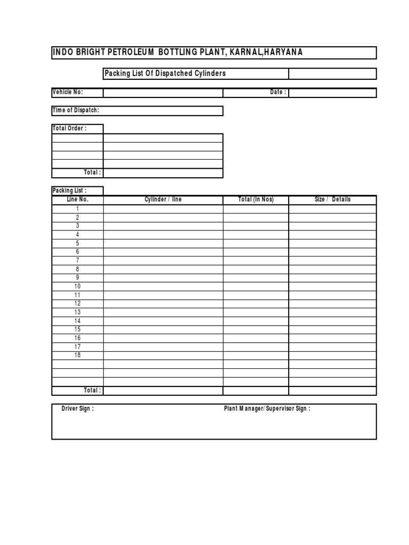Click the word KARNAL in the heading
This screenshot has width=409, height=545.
247,52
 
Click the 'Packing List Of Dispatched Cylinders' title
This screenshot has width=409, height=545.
165,73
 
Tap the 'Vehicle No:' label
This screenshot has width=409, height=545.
68,92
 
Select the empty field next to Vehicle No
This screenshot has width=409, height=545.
163,93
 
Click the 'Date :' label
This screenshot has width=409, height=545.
278,92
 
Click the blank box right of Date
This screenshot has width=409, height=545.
332,93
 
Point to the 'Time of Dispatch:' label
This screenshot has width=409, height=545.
76,110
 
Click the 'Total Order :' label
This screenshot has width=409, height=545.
69,128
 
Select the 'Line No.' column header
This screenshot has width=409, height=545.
78,200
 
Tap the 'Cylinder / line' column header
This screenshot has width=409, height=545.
163,200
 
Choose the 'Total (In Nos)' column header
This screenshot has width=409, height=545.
256,200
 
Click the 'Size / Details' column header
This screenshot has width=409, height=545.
332,200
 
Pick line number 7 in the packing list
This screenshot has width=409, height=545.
78,260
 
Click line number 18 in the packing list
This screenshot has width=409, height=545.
78,355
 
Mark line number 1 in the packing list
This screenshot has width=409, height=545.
78,209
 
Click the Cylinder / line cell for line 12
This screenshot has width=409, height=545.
163,303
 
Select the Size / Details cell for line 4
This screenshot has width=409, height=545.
332,234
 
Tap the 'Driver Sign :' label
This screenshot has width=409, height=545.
78,409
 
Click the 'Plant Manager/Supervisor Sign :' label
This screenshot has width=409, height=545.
267,409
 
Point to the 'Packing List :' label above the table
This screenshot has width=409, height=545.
69,191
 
